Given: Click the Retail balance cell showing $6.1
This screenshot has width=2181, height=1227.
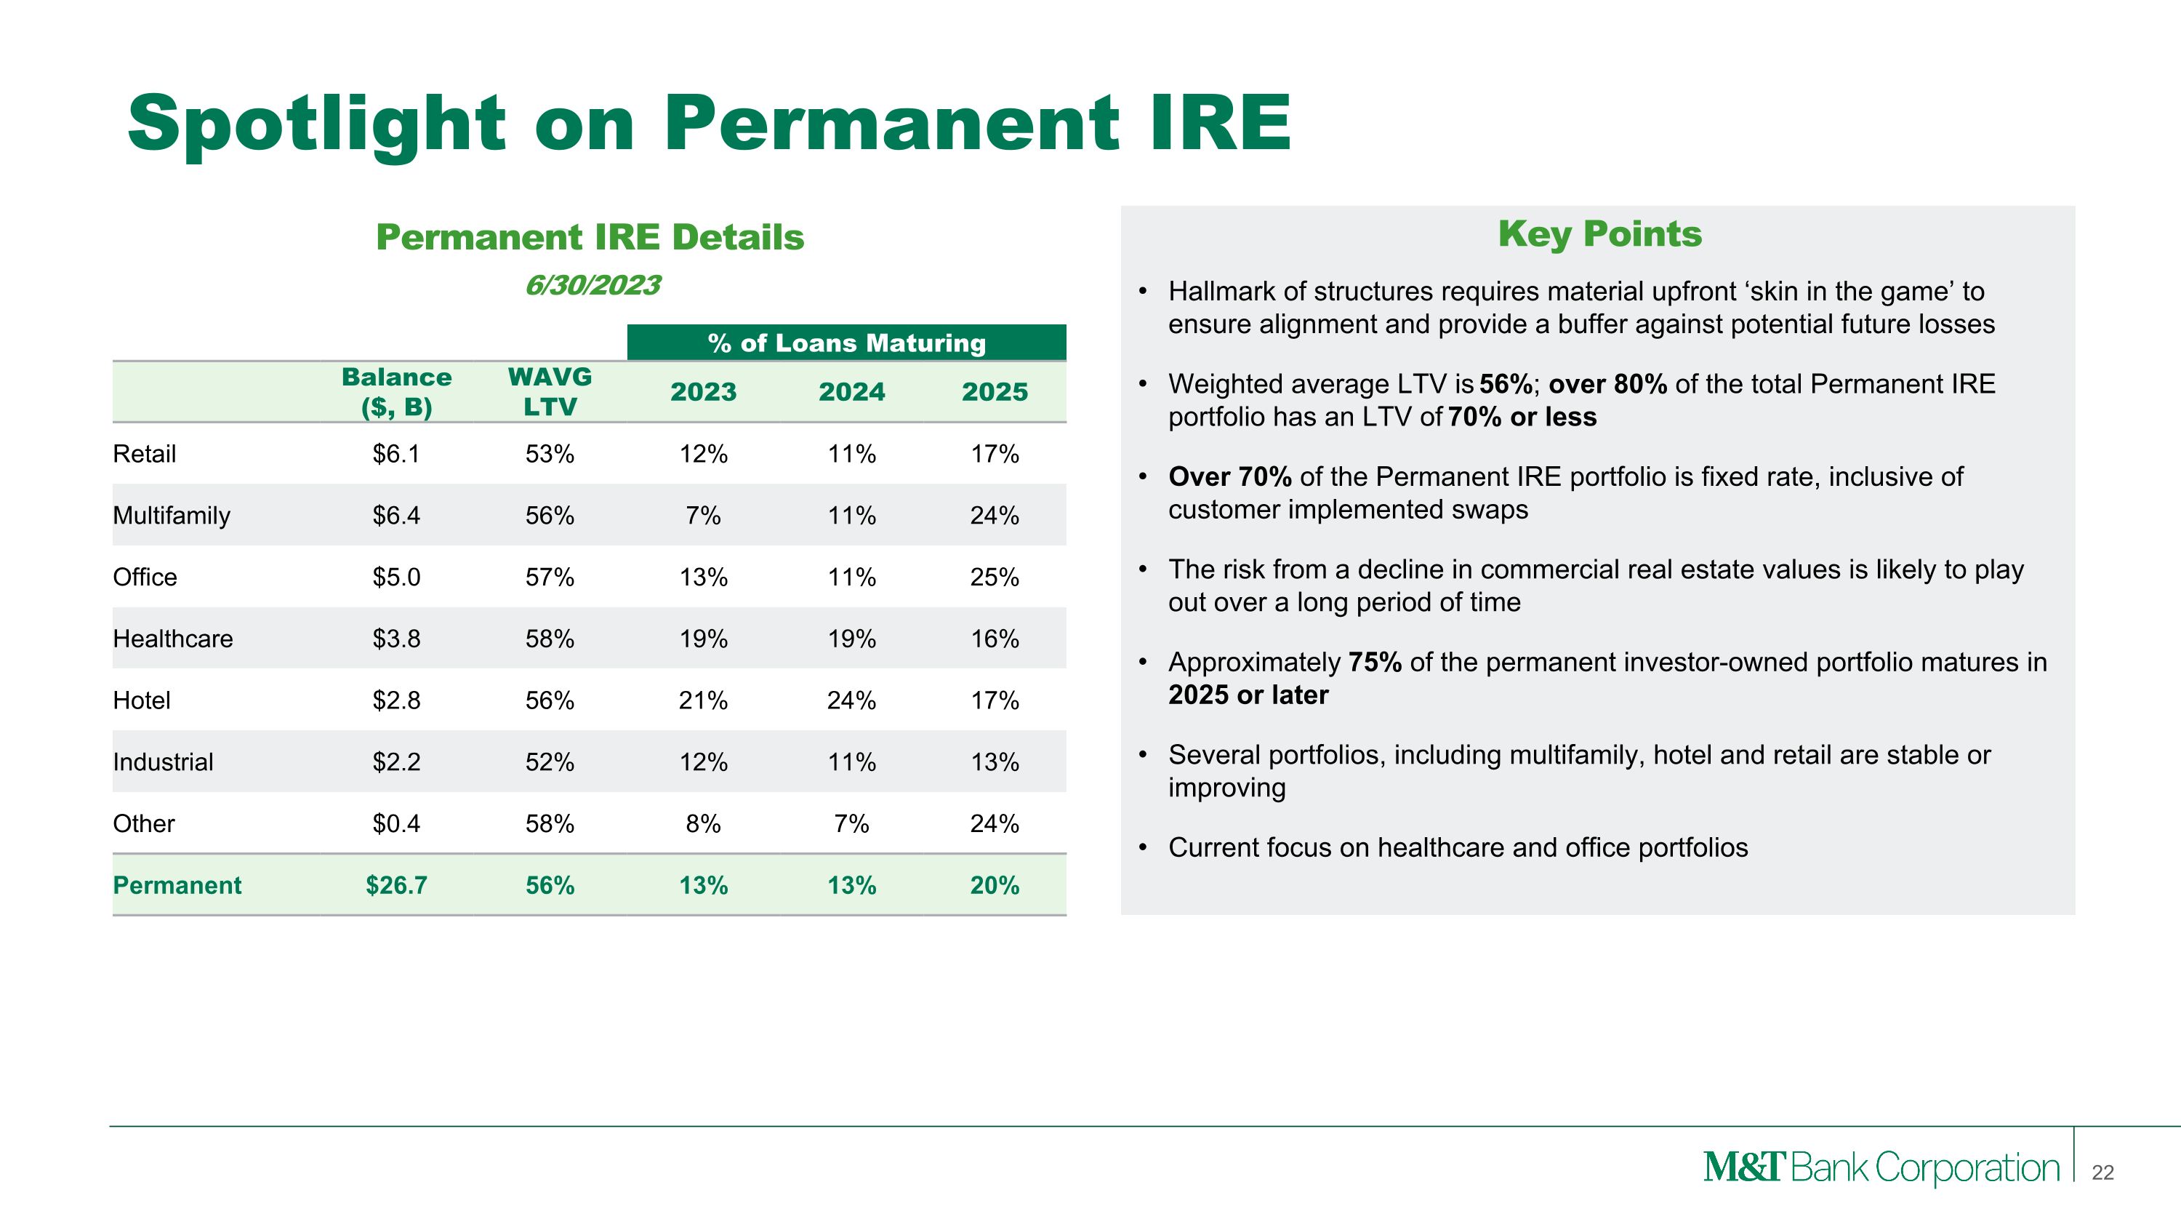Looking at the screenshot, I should pyautogui.click(x=396, y=454).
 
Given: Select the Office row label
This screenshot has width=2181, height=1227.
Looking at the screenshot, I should pyautogui.click(x=145, y=577).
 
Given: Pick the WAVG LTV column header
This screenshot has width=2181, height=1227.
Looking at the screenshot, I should pyautogui.click(x=550, y=391).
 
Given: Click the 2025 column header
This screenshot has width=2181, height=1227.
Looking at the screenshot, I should pyautogui.click(x=994, y=392).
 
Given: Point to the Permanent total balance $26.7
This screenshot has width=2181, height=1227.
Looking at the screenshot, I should pyautogui.click(x=396, y=885).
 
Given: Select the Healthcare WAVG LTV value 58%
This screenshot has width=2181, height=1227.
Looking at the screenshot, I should pyautogui.click(x=550, y=639).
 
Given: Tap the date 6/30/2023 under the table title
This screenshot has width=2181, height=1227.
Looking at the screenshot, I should pyautogui.click(x=592, y=285).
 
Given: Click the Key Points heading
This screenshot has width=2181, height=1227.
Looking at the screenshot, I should pyautogui.click(x=1599, y=233).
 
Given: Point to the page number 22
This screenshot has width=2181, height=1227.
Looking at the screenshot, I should pyautogui.click(x=2102, y=1172).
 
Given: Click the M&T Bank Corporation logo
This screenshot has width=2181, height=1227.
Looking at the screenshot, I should pyautogui.click(x=1881, y=1168).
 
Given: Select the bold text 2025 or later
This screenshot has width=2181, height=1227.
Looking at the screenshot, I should pyautogui.click(x=1248, y=695).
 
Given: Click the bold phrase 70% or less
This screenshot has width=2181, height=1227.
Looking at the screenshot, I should pyautogui.click(x=1522, y=417).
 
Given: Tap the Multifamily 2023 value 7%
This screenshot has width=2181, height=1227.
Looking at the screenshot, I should pyautogui.click(x=703, y=516).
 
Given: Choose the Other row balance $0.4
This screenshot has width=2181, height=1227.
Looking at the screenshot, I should pyautogui.click(x=396, y=824).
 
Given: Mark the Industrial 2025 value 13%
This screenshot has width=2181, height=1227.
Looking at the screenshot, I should pyautogui.click(x=994, y=762).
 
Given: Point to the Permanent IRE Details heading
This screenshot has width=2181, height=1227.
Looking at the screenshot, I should pyautogui.click(x=590, y=237).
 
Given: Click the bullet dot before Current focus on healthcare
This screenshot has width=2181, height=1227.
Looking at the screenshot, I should pyautogui.click(x=1142, y=847).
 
